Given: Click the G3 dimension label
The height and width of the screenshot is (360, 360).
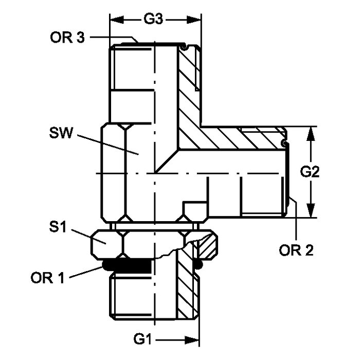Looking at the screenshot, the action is (153, 20).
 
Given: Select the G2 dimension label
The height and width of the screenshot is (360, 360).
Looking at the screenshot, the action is (310, 172).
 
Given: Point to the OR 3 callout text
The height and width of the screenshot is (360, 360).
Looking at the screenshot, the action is (67, 38).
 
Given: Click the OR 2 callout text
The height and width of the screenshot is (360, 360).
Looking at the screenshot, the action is (296, 250).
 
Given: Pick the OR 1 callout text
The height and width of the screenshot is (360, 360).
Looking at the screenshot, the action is (47, 278).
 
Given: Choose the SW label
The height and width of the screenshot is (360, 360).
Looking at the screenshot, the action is (61, 133).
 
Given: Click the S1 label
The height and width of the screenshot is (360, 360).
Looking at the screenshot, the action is (58, 227).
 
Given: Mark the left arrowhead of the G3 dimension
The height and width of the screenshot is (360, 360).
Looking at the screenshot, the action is (117, 20).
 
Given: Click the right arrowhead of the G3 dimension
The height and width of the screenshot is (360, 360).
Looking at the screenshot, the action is (194, 20).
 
